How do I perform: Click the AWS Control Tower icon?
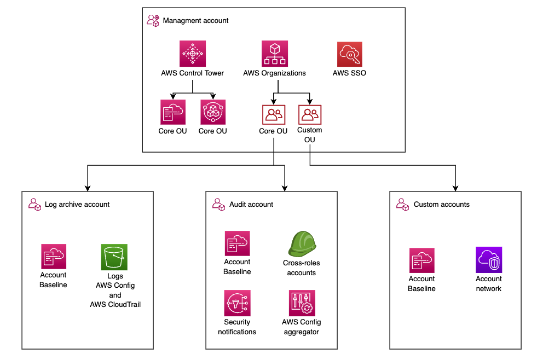pos(192,54)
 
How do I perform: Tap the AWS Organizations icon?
pos(274,54)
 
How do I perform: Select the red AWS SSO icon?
pos(349,54)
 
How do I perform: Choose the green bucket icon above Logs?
pos(114,257)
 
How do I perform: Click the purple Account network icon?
pos(488,259)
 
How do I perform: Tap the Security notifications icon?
pos(237,303)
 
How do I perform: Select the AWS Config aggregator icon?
pos(302,303)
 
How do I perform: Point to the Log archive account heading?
pos(77,205)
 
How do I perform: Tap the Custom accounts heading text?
pos(441,205)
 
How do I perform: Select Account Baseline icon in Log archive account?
pos(54,257)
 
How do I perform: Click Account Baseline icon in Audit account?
pos(238,243)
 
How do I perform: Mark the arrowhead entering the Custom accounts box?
pos(455,188)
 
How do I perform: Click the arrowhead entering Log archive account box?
pos(88,188)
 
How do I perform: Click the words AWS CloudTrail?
pos(115,304)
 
